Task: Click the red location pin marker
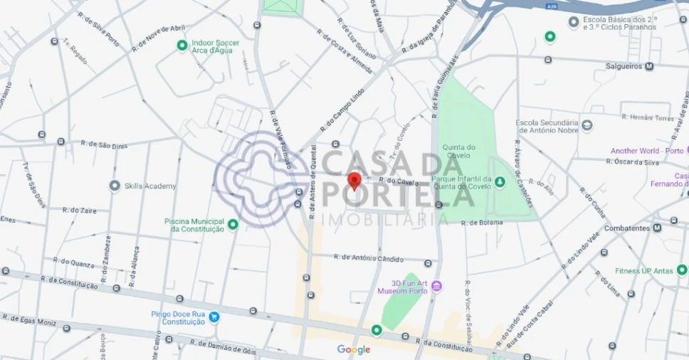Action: (x=354, y=181)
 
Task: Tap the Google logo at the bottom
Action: (x=354, y=349)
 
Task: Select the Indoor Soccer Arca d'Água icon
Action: (x=182, y=46)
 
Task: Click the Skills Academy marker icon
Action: (x=115, y=186)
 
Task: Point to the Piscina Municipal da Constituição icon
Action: (x=233, y=224)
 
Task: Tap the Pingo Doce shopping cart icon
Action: (x=214, y=317)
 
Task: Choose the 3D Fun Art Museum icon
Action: (x=436, y=286)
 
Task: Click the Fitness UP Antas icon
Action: (x=682, y=270)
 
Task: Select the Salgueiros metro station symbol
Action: (x=649, y=67)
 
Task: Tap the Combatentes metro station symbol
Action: (x=655, y=228)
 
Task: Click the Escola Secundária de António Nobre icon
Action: (x=587, y=125)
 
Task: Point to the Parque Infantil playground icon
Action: (x=500, y=183)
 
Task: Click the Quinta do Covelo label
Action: (x=458, y=147)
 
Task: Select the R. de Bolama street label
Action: (x=482, y=223)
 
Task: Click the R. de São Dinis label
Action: (x=104, y=144)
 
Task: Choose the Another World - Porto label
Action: (x=646, y=151)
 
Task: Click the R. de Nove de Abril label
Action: (x=158, y=38)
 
